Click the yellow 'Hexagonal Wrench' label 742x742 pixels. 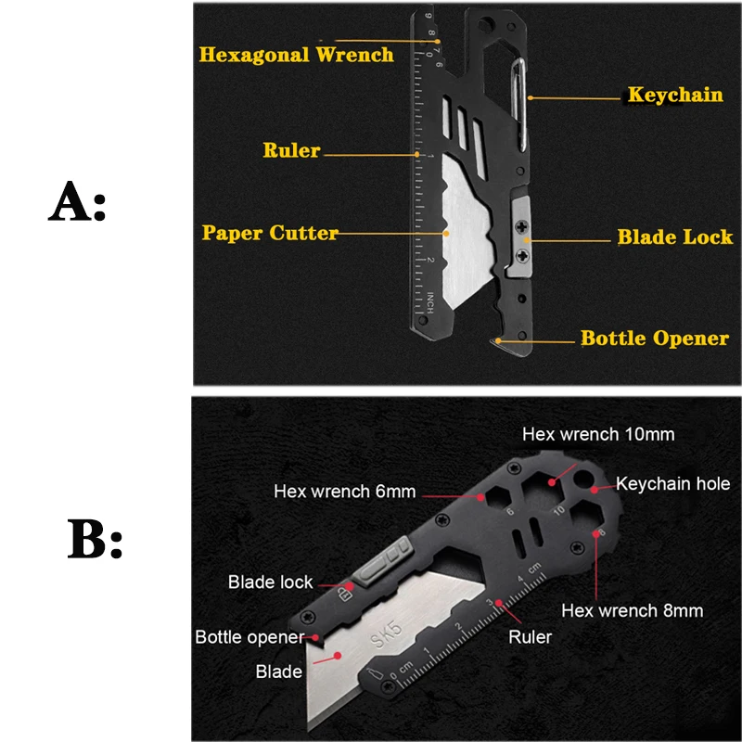pos(297,54)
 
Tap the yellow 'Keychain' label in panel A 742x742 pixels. pos(675,94)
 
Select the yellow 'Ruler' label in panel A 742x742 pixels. pos(291,150)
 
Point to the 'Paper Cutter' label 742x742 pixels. pos(270,233)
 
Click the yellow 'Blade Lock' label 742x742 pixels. pos(675,237)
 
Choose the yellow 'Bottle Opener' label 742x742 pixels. pos(655,338)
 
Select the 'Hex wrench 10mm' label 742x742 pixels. pos(598,434)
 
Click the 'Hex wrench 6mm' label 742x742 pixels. pos(344,492)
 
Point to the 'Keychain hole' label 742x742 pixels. pos(673,483)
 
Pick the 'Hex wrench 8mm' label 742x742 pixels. pos(633,610)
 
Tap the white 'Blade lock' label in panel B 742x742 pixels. pos(271,582)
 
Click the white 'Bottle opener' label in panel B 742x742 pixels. pos(249,637)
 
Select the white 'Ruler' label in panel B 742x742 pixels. pos(531,637)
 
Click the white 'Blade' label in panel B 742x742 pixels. pos(278,672)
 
